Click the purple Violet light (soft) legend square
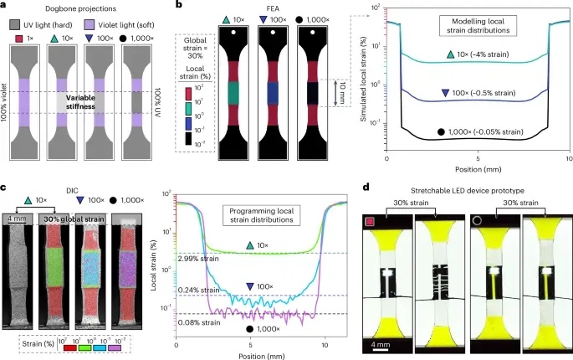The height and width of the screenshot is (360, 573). tap(94, 26)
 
